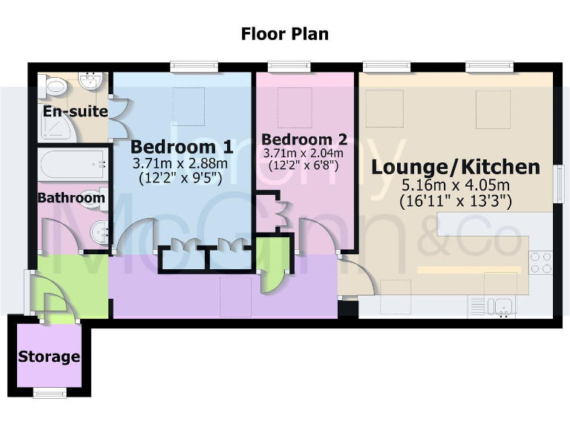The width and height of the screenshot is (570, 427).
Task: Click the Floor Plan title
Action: (x=284, y=34)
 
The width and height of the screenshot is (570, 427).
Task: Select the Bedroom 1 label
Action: (x=182, y=146)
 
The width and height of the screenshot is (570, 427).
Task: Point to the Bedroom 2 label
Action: (x=304, y=139)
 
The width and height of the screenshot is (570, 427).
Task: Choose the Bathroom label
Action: (x=71, y=198)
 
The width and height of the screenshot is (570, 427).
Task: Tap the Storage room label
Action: (x=49, y=357)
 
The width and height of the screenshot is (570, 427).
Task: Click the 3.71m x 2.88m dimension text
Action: (x=182, y=163)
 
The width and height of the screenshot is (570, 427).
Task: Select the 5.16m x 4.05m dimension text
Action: (x=456, y=185)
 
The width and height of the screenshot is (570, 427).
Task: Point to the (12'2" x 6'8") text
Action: (x=304, y=166)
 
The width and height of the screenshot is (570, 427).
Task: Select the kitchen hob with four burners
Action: (x=540, y=263)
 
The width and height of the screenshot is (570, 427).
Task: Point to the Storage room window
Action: (x=49, y=393)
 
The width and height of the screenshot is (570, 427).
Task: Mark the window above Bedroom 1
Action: (x=193, y=67)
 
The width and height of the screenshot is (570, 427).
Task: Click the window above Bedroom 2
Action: (x=289, y=67)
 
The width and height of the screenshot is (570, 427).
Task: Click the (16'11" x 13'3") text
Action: (x=456, y=200)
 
